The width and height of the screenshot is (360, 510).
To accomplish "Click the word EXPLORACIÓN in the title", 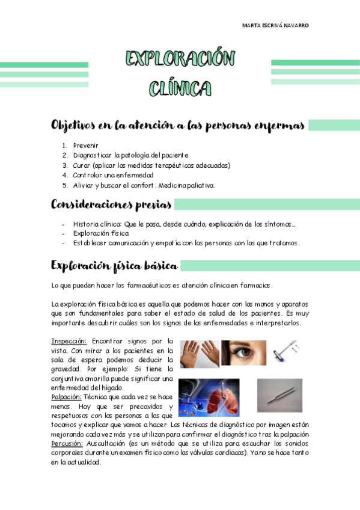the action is (x=180, y=59).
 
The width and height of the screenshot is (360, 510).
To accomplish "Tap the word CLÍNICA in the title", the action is (x=180, y=89).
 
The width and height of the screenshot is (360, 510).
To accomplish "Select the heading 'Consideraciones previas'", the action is (x=111, y=204).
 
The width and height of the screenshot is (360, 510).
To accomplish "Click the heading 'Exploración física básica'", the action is (x=114, y=265).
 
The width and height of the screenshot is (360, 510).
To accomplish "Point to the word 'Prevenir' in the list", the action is (x=85, y=146).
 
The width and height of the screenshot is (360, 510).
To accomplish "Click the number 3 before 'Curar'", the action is (x=65, y=165).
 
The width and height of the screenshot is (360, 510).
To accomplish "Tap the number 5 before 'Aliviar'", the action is (x=65, y=185).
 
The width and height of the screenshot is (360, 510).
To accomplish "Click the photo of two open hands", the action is (x=199, y=353).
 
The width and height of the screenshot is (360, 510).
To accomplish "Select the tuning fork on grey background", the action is (x=279, y=394).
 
